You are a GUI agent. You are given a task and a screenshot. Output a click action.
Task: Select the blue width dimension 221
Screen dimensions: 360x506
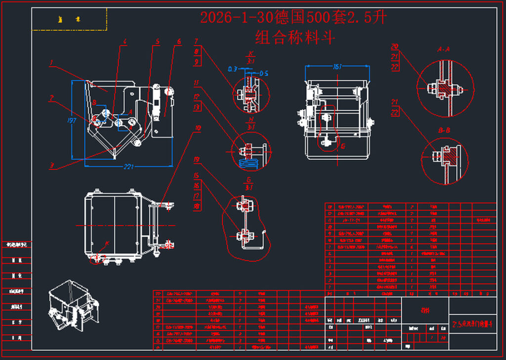(128, 167)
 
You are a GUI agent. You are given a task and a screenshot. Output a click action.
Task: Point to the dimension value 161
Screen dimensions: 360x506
(337, 67)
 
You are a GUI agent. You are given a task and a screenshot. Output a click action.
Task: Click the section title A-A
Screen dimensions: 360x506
(443, 49)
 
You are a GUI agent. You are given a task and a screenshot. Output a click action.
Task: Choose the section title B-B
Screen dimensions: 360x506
(443, 131)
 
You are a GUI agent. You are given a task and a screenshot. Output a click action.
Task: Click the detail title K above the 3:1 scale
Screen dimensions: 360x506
(251, 53)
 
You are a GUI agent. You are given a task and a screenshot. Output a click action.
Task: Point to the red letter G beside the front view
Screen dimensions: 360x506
(343, 146)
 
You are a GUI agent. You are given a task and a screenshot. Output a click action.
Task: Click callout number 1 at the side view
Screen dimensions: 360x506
(51, 63)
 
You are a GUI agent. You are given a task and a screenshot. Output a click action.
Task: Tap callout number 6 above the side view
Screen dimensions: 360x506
(179, 41)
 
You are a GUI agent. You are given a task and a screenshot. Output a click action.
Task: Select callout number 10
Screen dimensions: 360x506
(198, 128)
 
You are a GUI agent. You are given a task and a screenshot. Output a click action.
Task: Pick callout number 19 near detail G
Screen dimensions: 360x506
(197, 160)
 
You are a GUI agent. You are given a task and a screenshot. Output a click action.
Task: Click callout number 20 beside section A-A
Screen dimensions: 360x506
(394, 46)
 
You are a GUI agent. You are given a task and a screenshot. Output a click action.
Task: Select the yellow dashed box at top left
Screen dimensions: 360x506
(70, 19)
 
